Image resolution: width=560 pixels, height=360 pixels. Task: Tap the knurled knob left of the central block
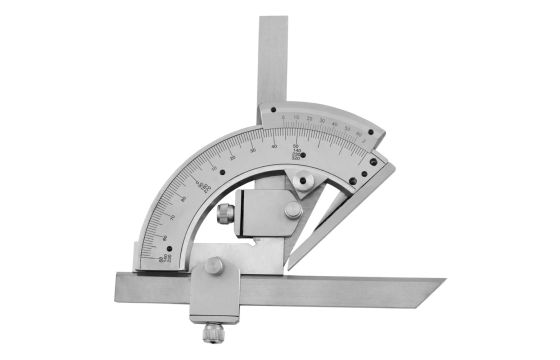coord(227,213)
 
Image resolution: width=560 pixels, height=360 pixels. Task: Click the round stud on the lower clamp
coord(215,266)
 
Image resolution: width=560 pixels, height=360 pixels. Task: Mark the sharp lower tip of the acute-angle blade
coord(289,269)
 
